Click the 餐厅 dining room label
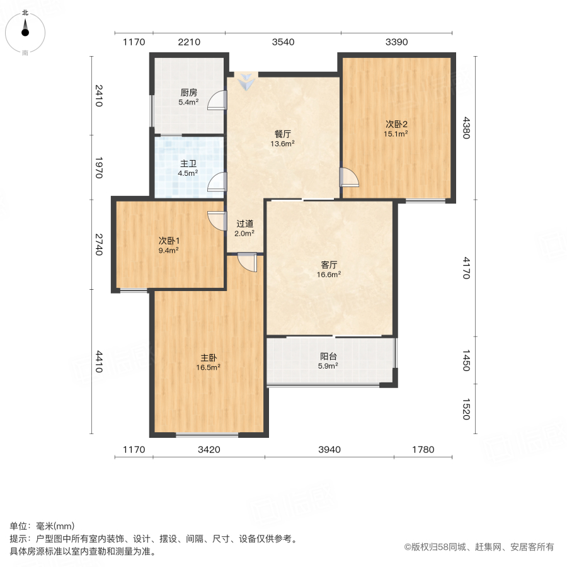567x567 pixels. [283, 134]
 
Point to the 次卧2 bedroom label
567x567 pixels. [396, 123]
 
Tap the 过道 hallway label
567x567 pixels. [245, 224]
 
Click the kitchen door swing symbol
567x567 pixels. [217, 100]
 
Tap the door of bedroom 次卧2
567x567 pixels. [348, 178]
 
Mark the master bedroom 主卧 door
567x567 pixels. [248, 262]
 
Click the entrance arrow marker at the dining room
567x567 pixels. [246, 80]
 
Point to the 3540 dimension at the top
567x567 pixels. [283, 42]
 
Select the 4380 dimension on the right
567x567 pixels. [466, 127]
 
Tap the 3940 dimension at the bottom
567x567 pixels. [329, 449]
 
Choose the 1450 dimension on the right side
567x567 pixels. [466, 362]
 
